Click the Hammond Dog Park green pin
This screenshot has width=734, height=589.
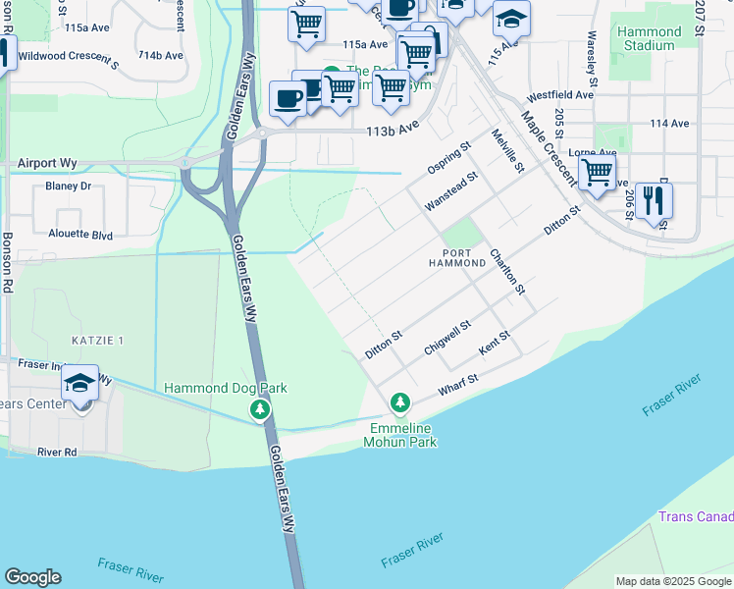coord(259,408)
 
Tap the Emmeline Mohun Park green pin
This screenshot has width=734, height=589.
coord(399,402)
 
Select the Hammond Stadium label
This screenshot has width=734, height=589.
coord(649,39)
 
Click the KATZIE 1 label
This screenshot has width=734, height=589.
coord(97,340)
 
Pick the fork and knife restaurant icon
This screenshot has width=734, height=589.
coord(653,201)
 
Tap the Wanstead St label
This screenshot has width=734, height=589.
coord(450,191)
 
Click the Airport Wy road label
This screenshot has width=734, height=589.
coord(48,163)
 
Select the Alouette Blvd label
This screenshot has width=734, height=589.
coord(80,236)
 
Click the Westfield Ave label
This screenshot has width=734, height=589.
coord(560,96)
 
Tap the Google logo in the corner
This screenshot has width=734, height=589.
coord(32,577)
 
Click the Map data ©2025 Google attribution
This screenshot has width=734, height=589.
coord(672,581)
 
